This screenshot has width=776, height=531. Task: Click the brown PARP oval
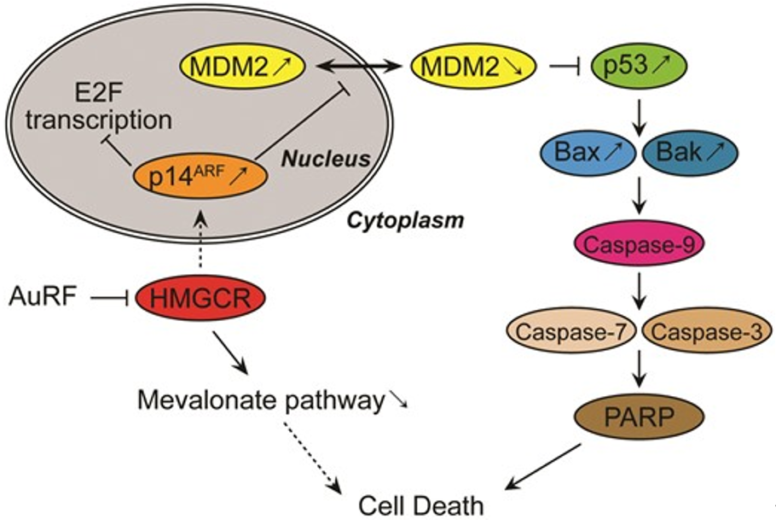click(x=635, y=418)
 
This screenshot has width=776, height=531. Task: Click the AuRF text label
click(x=40, y=297)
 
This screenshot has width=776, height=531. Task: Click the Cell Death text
click(x=420, y=505)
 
